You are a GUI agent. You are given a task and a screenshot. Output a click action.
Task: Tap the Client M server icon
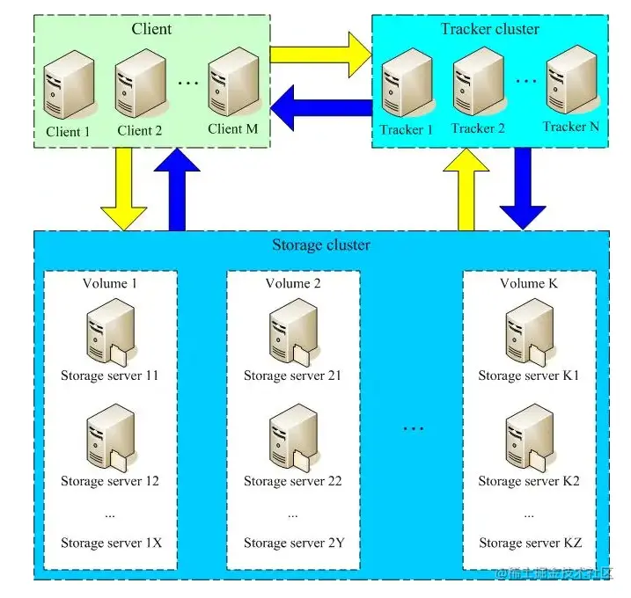click(x=233, y=86)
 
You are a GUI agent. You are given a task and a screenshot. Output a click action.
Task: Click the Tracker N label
click(x=570, y=127)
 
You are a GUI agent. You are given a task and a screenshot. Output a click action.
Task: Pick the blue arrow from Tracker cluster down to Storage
click(x=523, y=187)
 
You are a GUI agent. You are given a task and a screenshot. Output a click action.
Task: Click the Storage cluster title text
click(x=321, y=244)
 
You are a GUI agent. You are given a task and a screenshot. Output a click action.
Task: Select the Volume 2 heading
click(x=293, y=283)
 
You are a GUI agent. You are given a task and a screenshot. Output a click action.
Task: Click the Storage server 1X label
click(x=111, y=543)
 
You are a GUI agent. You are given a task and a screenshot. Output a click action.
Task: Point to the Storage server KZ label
click(x=530, y=543)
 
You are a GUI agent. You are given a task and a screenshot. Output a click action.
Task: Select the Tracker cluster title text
click(x=490, y=29)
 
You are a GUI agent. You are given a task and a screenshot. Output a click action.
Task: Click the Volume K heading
click(x=529, y=283)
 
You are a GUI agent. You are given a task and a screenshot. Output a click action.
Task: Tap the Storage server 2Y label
click(x=294, y=543)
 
